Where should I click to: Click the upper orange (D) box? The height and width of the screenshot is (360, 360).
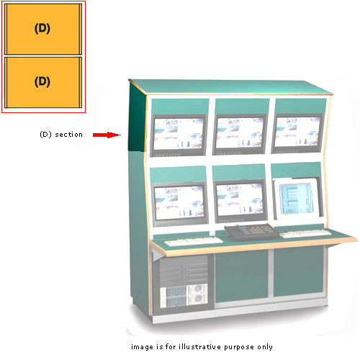point(43,29)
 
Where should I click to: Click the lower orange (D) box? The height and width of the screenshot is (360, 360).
point(43,82)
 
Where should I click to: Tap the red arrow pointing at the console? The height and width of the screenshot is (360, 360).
point(107,135)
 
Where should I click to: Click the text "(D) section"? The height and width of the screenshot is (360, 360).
point(61,135)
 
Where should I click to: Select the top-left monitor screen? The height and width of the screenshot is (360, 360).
point(179,134)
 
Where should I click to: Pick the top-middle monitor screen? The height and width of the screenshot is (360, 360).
point(240,132)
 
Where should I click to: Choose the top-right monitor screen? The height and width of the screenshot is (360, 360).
point(297,132)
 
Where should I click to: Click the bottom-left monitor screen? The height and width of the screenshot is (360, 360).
point(179,202)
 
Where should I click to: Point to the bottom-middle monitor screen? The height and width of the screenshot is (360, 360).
point(240,199)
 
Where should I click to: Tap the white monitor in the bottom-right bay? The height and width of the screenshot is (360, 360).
point(297,199)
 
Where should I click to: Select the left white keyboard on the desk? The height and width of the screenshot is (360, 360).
point(194,241)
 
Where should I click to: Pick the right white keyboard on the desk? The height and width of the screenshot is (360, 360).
point(305,233)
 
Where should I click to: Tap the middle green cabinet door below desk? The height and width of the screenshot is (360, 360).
point(242,276)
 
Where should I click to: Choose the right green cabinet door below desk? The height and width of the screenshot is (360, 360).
point(299,271)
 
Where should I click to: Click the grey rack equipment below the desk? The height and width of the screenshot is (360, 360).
point(184,282)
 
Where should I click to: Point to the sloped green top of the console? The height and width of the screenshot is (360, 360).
point(230,86)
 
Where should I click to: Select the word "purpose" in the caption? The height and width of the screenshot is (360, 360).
point(239,347)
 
